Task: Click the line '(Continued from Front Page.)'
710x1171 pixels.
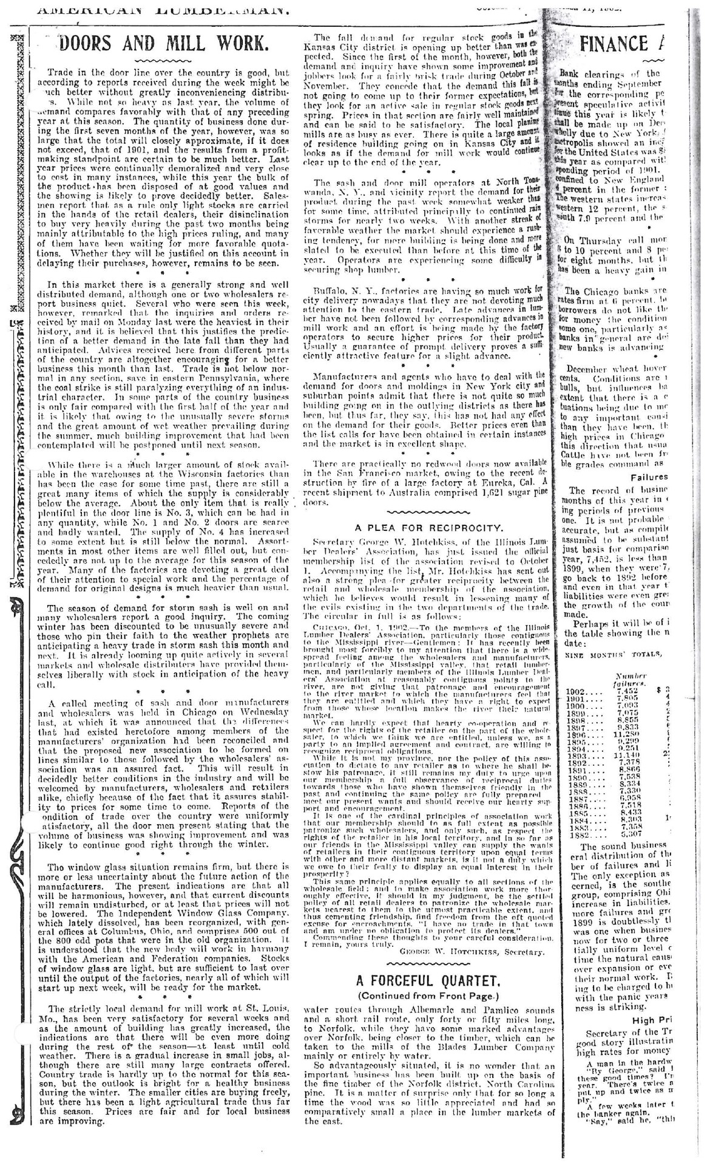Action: click(x=428, y=995)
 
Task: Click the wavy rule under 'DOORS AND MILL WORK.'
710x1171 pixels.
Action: click(x=155, y=61)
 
